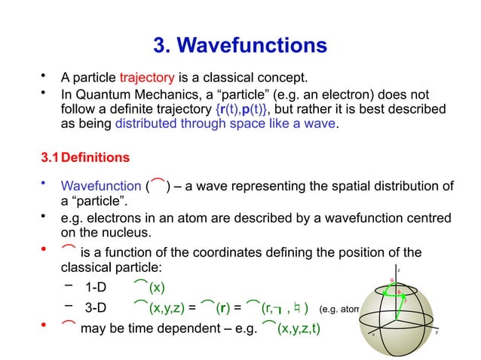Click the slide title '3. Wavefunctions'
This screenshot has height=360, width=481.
pos(240,46)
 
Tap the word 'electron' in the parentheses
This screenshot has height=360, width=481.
pos(354,95)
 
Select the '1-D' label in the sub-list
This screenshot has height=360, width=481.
pos(96,287)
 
